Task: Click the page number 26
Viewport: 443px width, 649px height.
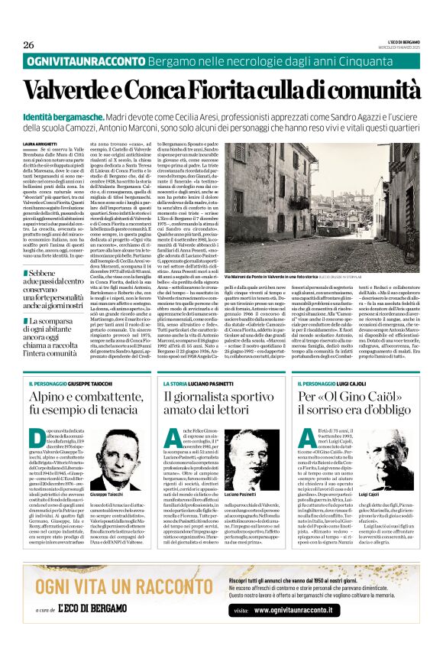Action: (29, 44)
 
